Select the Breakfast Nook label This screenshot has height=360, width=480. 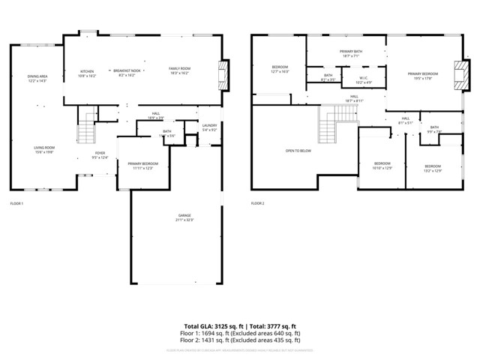[x=126, y=70]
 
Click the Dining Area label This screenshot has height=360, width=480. [x=37, y=78]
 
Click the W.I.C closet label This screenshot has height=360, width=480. [x=363, y=77]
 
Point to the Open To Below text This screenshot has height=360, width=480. [x=298, y=151]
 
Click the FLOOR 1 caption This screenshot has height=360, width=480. [x=16, y=203]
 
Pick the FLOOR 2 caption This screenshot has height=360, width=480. [x=258, y=203]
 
